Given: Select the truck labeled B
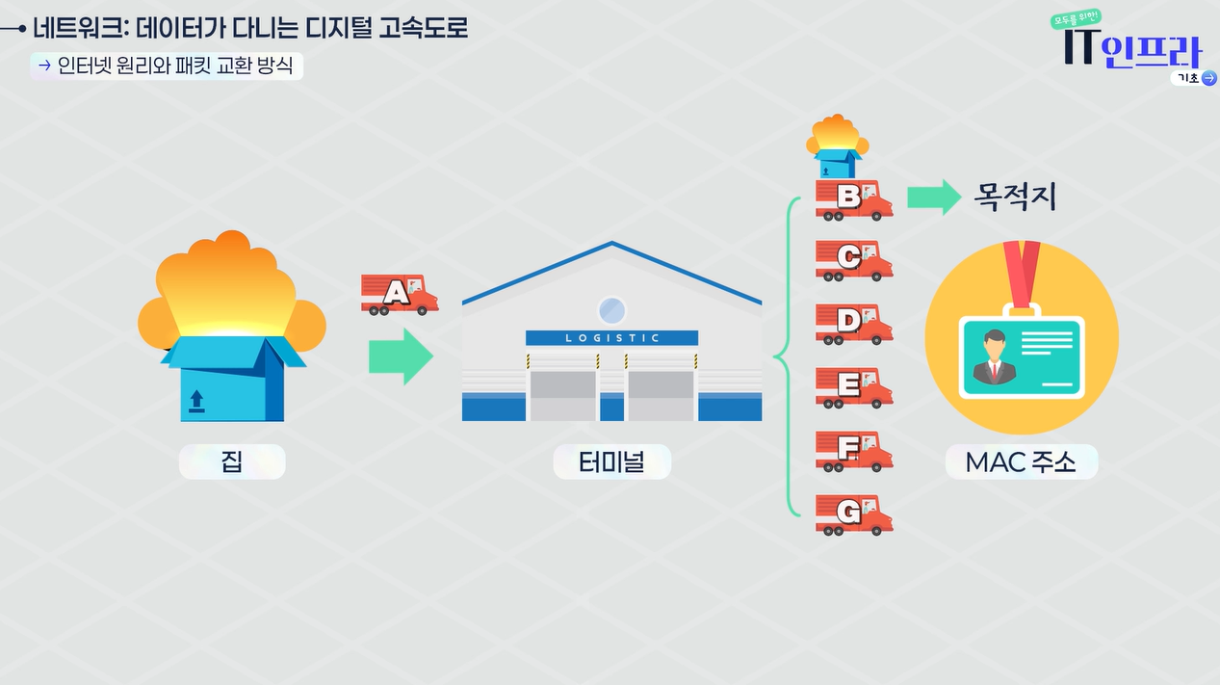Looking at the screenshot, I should point(853,198).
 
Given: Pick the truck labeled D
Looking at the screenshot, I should point(853,324).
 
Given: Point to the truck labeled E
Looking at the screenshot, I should point(853,387).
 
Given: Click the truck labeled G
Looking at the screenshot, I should point(853,514).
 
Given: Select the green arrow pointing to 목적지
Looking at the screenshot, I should point(935,197).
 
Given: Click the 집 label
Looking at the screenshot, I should point(232,461).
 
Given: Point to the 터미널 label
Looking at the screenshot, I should point(611,462).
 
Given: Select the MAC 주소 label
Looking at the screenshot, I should point(1021,462).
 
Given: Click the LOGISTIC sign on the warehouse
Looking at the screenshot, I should point(611,338).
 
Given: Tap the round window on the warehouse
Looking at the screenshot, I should point(611,309).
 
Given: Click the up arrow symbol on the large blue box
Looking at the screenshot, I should point(196,400).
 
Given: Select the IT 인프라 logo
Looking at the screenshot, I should point(1133,48).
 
